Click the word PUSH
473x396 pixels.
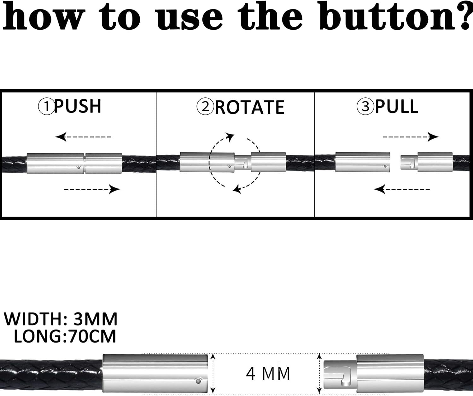click(x=78, y=106)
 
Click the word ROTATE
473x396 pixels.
click(x=249, y=107)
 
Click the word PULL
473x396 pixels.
click(x=396, y=106)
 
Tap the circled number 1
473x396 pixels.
click(x=46, y=106)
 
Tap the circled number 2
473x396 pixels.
click(x=205, y=106)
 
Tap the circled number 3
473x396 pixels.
click(x=365, y=106)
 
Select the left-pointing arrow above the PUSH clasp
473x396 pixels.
click(x=83, y=137)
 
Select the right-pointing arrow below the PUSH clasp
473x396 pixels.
click(x=92, y=189)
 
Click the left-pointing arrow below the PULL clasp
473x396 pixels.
click(x=402, y=189)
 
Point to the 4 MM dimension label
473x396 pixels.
click(x=268, y=374)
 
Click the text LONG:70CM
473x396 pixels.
click(x=65, y=336)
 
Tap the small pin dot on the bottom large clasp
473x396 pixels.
click(x=198, y=381)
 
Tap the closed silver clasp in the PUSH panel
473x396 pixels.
click(x=74, y=163)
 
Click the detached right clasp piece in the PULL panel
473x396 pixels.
click(x=426, y=162)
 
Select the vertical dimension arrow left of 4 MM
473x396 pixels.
click(x=213, y=373)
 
